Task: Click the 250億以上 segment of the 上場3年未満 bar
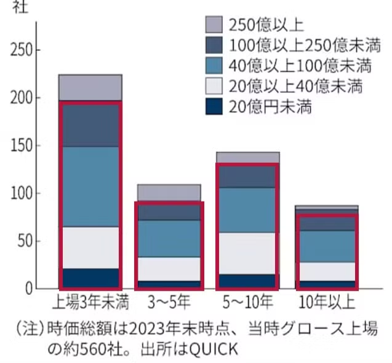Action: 90,87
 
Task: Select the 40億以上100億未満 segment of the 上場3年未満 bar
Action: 90,187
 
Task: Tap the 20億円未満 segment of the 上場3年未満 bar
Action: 90,278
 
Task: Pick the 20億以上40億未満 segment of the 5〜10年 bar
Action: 246,253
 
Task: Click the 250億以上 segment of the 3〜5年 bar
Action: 168,192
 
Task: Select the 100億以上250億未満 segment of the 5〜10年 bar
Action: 246,176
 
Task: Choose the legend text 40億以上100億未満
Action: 300,66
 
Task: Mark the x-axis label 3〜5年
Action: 168,303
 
